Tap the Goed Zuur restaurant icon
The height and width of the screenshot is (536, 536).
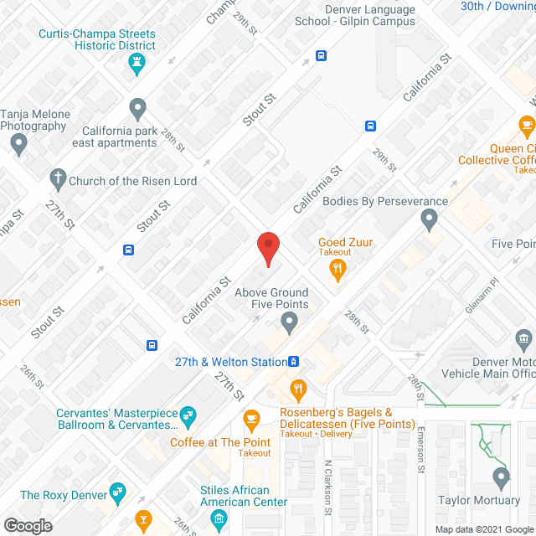tap(338, 268)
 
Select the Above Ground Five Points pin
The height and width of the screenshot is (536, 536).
tap(290, 321)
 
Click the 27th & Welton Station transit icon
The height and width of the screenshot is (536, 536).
tap(294, 362)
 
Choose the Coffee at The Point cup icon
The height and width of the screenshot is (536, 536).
tap(250, 418)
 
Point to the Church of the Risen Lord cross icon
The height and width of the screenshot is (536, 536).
tap(58, 178)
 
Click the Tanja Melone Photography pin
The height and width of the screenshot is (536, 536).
tap(19, 145)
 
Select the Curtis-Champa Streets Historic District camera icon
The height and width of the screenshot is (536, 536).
tap(139, 65)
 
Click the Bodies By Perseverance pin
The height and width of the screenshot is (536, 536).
tap(430, 221)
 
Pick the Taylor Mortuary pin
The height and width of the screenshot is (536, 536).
tap(502, 478)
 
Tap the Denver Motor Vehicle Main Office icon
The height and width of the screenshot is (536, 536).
tap(525, 339)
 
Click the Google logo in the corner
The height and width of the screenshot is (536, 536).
tap(28, 526)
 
